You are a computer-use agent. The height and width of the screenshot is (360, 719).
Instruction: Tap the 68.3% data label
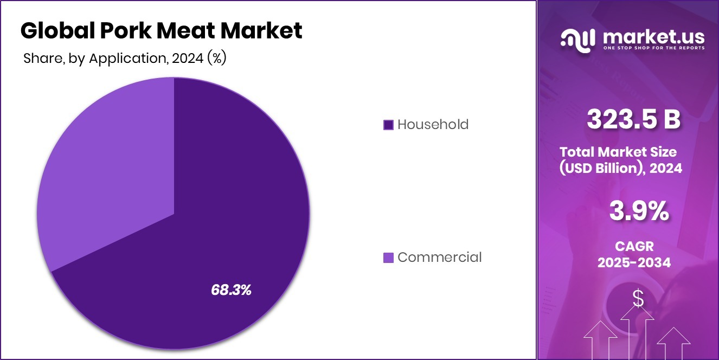[231, 290]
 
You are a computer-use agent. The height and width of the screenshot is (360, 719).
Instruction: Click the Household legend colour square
[388, 125]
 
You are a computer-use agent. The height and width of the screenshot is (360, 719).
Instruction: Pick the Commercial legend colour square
[388, 258]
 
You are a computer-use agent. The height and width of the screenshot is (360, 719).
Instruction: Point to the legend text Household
[433, 125]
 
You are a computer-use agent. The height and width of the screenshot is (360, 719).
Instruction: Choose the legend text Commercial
[439, 258]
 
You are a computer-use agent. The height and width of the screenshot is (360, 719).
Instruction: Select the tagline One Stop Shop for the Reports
[653, 48]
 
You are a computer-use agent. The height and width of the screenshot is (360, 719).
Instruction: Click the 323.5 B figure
[633, 120]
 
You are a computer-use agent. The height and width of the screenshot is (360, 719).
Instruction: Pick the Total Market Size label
[618, 152]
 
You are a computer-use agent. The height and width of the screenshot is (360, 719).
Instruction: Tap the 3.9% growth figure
[638, 211]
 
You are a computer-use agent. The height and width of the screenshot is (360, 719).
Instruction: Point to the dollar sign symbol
[638, 299]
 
